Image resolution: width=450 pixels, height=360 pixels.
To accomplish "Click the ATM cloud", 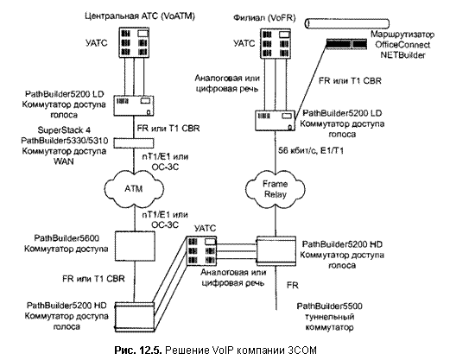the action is (134, 189).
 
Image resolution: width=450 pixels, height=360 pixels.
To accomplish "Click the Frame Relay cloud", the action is (276, 189).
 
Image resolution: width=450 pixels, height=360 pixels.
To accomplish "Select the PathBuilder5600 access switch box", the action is (135, 246).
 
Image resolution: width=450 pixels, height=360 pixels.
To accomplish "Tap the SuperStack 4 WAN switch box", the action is (134, 143).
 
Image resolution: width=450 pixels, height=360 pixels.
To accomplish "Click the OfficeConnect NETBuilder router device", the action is (346, 44).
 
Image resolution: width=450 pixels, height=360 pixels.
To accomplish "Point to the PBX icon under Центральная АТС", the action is (135, 42).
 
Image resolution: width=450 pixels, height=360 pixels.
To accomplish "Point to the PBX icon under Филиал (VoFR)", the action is (276, 44).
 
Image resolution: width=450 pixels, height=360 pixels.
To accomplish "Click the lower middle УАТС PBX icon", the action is (201, 251).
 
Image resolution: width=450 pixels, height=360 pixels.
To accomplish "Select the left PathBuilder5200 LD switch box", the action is (134, 105).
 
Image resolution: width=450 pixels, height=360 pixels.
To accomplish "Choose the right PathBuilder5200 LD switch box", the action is (276, 121).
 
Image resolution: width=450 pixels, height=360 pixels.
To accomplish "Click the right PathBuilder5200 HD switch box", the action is (276, 251).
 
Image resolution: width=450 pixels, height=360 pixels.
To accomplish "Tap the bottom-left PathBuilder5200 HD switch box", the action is (135, 317).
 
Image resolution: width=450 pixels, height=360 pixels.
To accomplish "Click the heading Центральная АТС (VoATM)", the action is (140, 16).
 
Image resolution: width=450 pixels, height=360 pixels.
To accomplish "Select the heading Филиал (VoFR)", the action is (264, 18).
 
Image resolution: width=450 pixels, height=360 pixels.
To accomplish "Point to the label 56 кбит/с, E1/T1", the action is (311, 150).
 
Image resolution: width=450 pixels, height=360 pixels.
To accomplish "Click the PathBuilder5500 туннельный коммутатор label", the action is (329, 317).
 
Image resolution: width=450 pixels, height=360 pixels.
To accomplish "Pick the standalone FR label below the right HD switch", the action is (292, 285).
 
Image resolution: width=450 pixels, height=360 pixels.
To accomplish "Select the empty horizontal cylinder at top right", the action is (347, 23).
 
